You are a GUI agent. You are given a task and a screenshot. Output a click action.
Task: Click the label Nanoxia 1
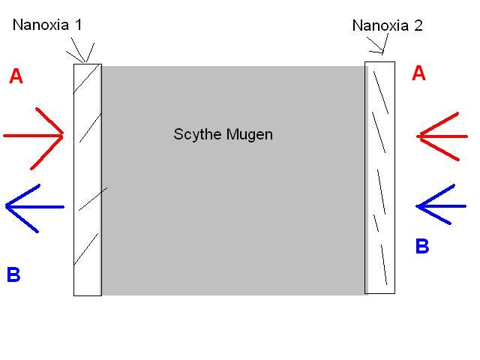(x=47, y=25)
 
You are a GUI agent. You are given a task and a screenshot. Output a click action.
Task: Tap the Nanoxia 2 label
(x=387, y=25)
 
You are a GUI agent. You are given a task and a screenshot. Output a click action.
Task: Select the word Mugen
(x=250, y=136)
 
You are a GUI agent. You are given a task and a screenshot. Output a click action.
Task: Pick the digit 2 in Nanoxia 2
(x=418, y=25)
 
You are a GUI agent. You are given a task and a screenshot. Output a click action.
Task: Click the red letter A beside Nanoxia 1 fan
(x=16, y=76)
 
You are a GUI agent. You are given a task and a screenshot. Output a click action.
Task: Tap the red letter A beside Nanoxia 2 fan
(x=419, y=73)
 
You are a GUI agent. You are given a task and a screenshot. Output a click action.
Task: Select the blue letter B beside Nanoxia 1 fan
(x=13, y=274)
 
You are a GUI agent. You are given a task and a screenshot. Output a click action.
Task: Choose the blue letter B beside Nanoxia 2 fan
(x=422, y=246)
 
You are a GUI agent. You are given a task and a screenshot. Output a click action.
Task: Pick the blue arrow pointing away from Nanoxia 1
(x=34, y=206)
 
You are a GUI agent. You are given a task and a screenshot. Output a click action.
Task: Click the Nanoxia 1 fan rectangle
(x=87, y=180)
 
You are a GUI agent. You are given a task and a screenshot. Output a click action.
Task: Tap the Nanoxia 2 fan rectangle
(x=379, y=177)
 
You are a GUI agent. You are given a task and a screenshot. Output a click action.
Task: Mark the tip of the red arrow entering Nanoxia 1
(x=64, y=136)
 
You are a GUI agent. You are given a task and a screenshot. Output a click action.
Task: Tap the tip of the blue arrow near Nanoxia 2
(x=417, y=205)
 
